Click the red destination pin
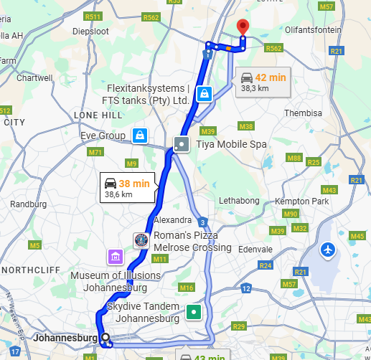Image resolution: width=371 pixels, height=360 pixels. [243, 27]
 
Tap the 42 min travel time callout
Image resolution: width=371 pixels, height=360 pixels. [263, 82]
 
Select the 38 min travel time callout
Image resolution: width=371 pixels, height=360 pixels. [126, 188]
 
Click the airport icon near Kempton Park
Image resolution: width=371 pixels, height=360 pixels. [329, 250]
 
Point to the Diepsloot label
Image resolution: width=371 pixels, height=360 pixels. [90, 32]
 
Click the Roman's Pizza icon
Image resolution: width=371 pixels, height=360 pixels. [141, 240]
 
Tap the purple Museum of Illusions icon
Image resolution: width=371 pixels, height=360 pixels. [115, 257]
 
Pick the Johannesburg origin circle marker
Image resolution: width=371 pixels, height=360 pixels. [105, 337]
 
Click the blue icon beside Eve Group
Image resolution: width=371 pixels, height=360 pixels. [139, 135]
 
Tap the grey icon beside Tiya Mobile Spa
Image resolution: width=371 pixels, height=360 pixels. [182, 143]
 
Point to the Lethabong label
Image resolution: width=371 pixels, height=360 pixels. [239, 200]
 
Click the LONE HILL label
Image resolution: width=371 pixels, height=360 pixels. [98, 115]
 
